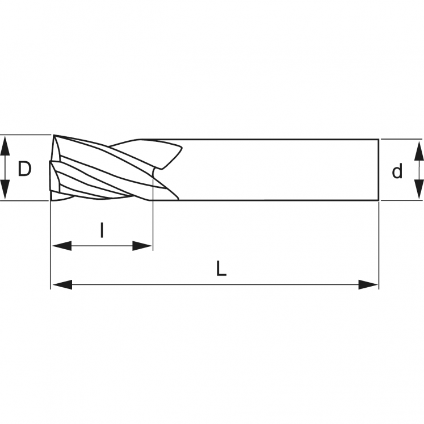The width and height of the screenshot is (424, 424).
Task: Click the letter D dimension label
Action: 24,169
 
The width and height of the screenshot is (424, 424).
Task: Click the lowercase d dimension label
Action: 397,171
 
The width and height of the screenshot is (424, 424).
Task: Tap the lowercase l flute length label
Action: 102,230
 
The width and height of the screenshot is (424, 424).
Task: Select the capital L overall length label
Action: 221,268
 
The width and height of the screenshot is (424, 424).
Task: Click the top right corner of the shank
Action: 379,139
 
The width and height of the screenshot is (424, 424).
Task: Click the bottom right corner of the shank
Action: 379,200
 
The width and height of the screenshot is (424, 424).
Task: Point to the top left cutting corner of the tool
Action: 54,135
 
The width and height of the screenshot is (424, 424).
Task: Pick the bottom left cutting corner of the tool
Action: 51,200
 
